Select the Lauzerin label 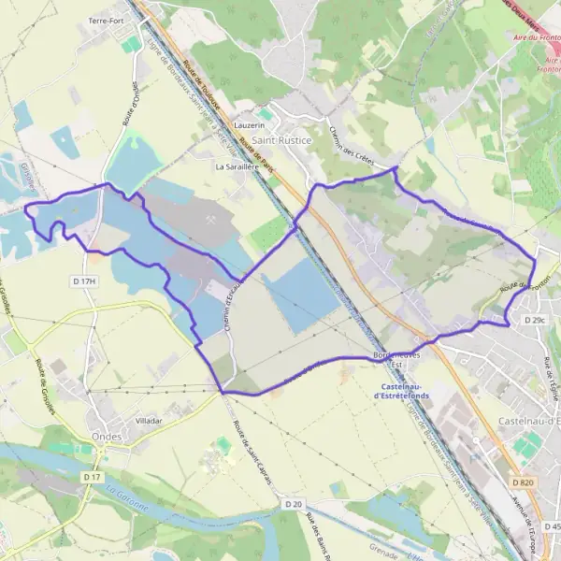[250, 124]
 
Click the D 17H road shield [84, 280]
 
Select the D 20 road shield [294, 504]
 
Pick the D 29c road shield [534, 321]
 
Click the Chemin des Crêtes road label [351, 147]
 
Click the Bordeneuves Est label [398, 360]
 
